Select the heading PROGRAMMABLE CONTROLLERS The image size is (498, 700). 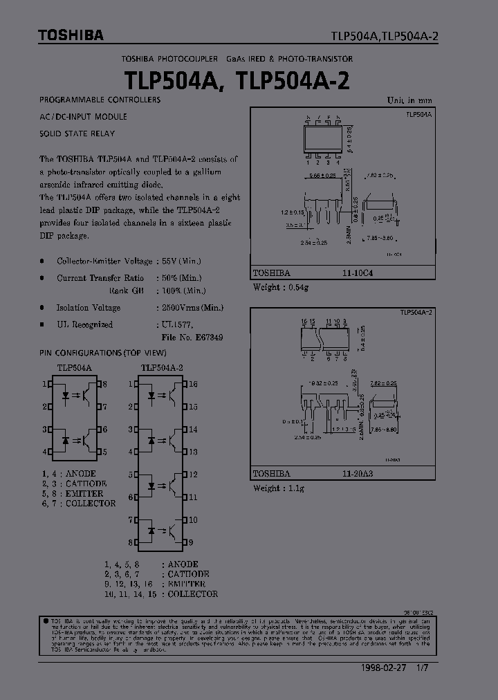(100, 100)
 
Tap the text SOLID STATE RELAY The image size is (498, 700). (77, 133)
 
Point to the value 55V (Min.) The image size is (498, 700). (182, 261)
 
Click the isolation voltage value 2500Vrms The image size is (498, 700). (181, 308)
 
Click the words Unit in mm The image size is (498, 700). (409, 100)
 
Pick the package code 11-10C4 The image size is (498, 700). (357, 273)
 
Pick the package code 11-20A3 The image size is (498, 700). (357, 474)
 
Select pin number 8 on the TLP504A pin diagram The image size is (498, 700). (104, 384)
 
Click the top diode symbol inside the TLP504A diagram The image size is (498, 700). (66, 396)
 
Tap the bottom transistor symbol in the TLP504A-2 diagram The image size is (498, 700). (172, 531)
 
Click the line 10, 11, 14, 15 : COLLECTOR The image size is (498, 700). (160, 593)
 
